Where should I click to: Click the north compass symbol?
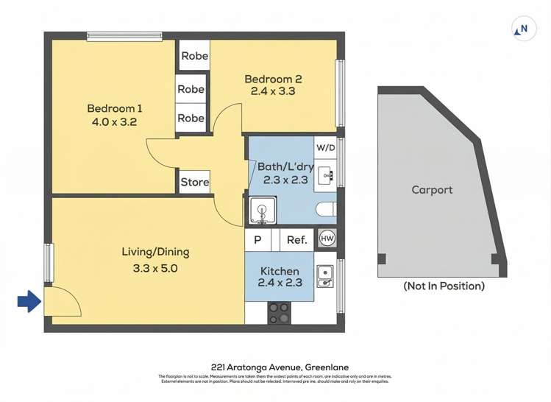[522, 29]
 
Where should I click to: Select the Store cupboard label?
[194, 182]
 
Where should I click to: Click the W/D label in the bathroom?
[325, 147]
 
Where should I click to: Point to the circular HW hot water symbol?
[327, 239]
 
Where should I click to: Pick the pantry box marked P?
[257, 239]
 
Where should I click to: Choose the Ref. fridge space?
[296, 239]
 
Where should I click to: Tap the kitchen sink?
[325, 275]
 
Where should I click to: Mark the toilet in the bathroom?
[326, 211]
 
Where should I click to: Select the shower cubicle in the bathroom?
[261, 211]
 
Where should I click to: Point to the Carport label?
[432, 190]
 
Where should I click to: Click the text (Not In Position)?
[444, 286]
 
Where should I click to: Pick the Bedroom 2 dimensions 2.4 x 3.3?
[273, 92]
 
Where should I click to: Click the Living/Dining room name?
[155, 252]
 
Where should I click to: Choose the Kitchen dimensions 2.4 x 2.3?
[279, 284]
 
